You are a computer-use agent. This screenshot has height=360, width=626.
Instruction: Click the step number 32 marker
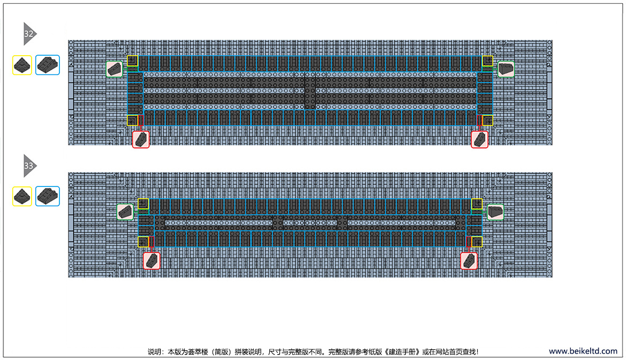pyautogui.click(x=29, y=34)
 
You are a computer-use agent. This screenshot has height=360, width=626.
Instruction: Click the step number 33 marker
pyautogui.click(x=29, y=166)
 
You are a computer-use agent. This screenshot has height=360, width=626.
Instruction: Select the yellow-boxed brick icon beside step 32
pyautogui.click(x=22, y=65)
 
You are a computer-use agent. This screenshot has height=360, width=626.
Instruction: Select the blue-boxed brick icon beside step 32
pyautogui.click(x=48, y=65)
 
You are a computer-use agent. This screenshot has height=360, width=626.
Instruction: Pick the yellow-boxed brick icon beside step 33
pyautogui.click(x=22, y=196)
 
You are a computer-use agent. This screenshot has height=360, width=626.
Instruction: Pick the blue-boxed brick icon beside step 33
pyautogui.click(x=48, y=196)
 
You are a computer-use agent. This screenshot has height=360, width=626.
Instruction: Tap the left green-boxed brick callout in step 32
pyautogui.click(x=114, y=69)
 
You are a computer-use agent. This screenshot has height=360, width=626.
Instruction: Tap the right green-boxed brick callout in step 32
pyautogui.click(x=506, y=69)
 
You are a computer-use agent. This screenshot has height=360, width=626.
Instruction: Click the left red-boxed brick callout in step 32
pyautogui.click(x=141, y=139)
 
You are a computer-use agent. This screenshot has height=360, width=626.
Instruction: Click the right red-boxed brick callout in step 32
pyautogui.click(x=479, y=139)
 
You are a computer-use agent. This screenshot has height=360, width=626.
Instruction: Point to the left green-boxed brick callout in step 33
pyautogui.click(x=125, y=212)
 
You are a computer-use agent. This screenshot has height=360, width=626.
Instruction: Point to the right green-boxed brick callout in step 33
pyautogui.click(x=495, y=212)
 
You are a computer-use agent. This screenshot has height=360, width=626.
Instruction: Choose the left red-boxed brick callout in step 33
pyautogui.click(x=152, y=260)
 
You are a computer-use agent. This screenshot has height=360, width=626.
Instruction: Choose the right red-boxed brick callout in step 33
pyautogui.click(x=469, y=260)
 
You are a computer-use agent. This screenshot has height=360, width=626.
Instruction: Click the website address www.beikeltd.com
pyautogui.click(x=583, y=351)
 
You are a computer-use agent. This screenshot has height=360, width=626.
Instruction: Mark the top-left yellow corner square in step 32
pyautogui.click(x=133, y=61)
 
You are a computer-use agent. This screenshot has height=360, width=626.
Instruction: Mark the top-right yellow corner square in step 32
pyautogui.click(x=487, y=61)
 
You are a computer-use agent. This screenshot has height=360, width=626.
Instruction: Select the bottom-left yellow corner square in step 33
pyautogui.click(x=144, y=242)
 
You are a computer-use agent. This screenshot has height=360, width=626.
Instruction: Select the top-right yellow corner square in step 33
pyautogui.click(x=477, y=204)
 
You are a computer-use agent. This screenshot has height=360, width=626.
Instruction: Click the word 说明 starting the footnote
pyautogui.click(x=154, y=351)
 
